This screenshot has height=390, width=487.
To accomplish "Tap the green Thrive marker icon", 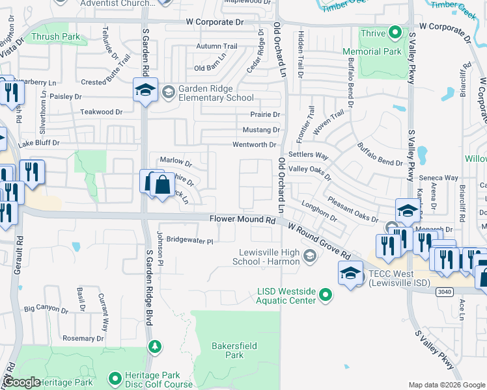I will click(395, 32).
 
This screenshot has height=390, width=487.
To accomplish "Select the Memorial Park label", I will click(381, 51).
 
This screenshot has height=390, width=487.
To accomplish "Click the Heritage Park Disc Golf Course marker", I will click(115, 378).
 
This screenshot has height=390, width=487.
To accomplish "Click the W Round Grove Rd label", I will click(323, 242).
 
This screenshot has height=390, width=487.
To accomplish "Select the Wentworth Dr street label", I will click(255, 144).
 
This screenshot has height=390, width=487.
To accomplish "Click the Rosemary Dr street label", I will click(83, 338).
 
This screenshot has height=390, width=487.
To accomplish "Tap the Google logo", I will click(23, 382).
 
